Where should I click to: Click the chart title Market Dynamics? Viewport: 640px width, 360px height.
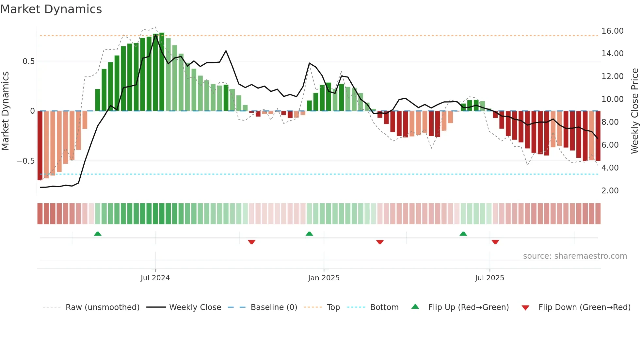pos(51,9)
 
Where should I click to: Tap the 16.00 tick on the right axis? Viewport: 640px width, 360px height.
pos(612,31)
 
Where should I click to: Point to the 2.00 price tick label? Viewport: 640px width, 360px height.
pos(610,191)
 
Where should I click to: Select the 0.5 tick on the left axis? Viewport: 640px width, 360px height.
pos(28,61)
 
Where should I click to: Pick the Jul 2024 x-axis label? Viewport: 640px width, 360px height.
pos(155,278)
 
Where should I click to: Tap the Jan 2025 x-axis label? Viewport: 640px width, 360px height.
pos(324,278)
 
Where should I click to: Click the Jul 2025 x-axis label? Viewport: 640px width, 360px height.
pos(489,278)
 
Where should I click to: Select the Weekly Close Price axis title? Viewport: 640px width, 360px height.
pos(634,111)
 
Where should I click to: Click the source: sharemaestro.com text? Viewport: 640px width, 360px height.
pos(575,256)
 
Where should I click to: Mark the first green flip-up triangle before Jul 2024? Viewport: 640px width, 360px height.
pos(98,234)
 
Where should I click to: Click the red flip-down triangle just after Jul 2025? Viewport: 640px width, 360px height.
pos(495,242)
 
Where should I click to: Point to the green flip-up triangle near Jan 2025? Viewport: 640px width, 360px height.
pos(309,234)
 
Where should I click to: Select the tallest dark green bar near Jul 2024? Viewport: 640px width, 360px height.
pos(162,72)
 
